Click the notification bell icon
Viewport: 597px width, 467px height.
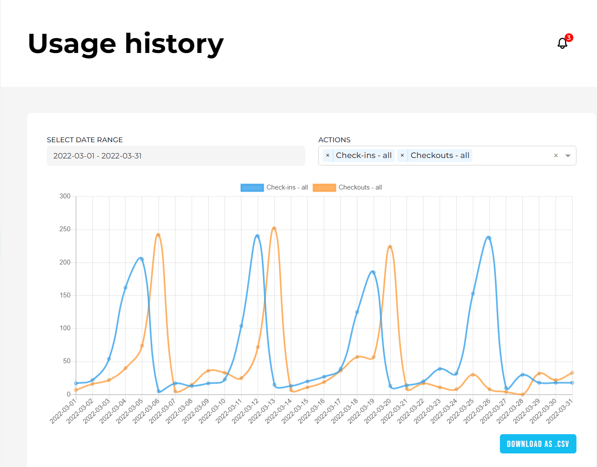point(562,43)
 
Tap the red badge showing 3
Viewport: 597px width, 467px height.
point(569,38)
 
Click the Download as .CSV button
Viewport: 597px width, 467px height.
point(538,444)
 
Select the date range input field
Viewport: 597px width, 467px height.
point(176,156)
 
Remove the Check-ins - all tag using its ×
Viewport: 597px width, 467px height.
point(328,155)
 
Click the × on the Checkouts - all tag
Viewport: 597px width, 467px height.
point(402,155)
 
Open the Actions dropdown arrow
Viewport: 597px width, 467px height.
point(568,156)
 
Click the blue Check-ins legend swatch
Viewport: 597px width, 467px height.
point(252,188)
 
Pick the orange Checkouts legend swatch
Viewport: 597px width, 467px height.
point(324,188)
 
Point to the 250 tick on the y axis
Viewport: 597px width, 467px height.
point(65,229)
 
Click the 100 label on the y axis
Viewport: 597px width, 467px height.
point(65,328)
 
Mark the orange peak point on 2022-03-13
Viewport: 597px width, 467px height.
point(274,228)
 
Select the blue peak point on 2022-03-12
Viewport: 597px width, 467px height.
point(258,236)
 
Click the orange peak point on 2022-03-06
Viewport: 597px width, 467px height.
point(158,235)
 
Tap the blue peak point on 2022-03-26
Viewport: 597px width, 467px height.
point(489,238)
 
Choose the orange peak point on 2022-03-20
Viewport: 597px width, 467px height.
point(390,247)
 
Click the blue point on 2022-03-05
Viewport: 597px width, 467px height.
point(142,259)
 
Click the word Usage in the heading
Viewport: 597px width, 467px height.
point(72,44)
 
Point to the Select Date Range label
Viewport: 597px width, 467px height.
point(85,140)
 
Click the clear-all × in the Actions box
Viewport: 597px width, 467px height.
point(556,156)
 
